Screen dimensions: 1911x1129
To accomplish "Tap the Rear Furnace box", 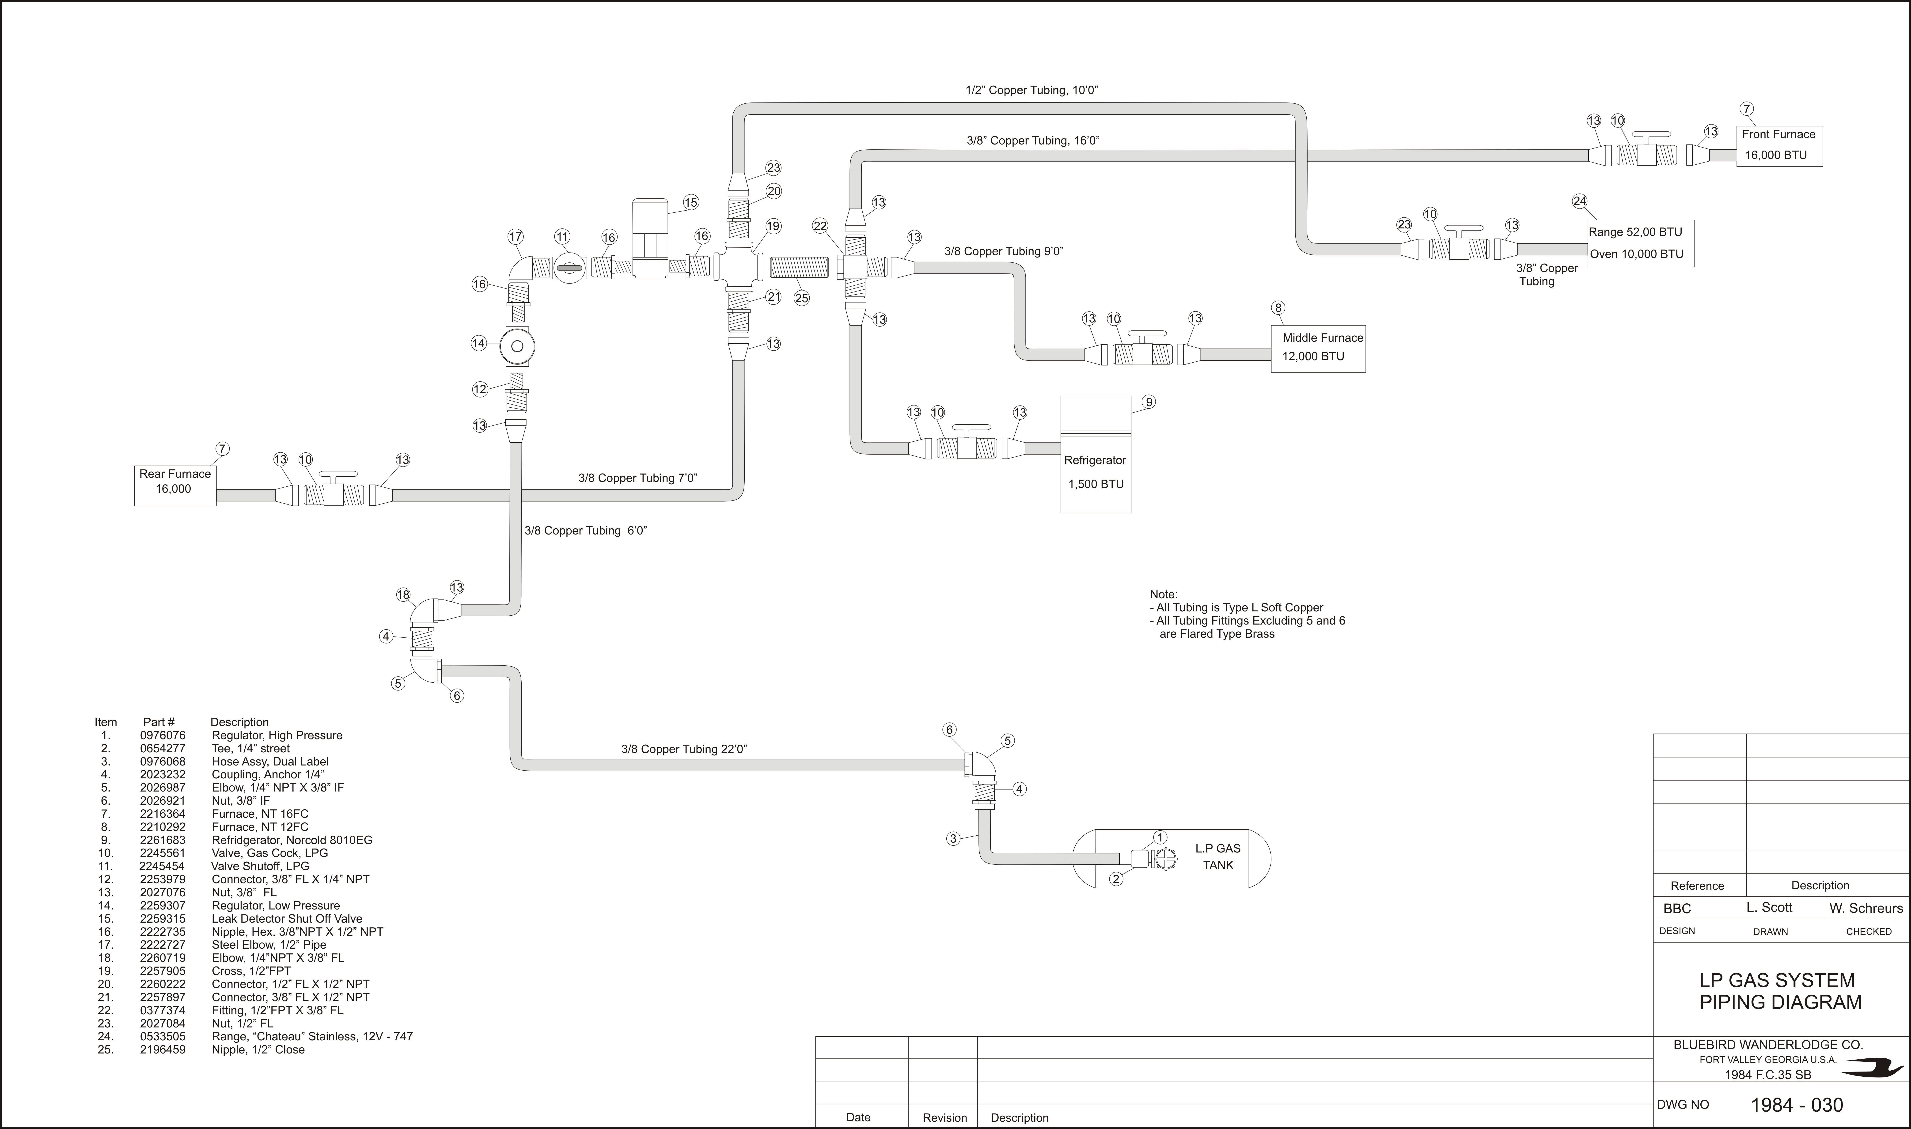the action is pyautogui.click(x=175, y=485).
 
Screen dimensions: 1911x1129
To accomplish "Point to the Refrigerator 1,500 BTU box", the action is pyautogui.click(x=1096, y=454).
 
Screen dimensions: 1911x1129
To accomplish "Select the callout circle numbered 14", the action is pyautogui.click(x=478, y=343).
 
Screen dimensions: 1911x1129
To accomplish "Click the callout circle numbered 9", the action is pyautogui.click(x=1149, y=402).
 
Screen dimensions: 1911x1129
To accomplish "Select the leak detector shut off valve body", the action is pyautogui.click(x=650, y=238).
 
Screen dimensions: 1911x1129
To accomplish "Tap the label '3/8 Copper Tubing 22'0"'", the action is pyautogui.click(x=684, y=749).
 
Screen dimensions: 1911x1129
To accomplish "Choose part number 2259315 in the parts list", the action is pyautogui.click(x=163, y=918).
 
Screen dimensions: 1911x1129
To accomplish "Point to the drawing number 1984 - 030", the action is pyautogui.click(x=1797, y=1105).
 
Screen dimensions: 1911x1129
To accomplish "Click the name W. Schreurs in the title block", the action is pyautogui.click(x=1866, y=908).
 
